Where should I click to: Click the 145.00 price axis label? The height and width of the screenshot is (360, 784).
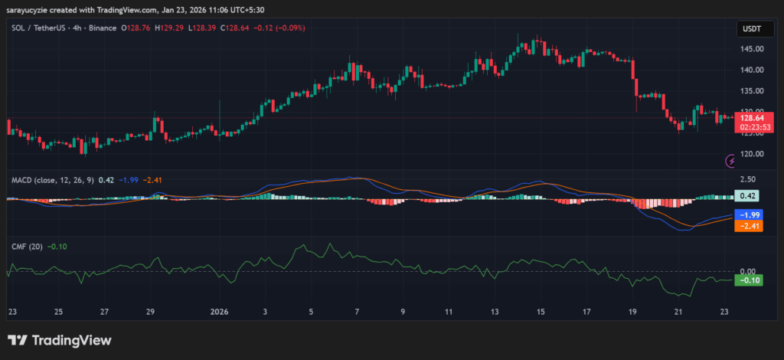pos(753,49)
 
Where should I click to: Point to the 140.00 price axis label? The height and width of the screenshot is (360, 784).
pos(753,70)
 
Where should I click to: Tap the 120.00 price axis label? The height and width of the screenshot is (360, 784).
pos(753,154)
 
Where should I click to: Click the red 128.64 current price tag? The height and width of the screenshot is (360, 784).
pos(753,118)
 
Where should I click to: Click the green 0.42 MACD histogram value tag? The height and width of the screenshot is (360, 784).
pos(746,196)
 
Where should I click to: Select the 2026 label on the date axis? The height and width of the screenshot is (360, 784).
pos(220,313)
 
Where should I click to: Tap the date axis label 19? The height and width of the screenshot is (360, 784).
pos(632,313)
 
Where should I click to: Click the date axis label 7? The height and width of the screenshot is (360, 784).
pos(357,313)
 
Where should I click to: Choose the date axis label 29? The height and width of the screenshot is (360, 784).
pos(151,313)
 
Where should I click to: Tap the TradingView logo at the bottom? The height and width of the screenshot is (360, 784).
pos(60,341)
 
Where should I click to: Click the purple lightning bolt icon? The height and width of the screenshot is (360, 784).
pos(731,161)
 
